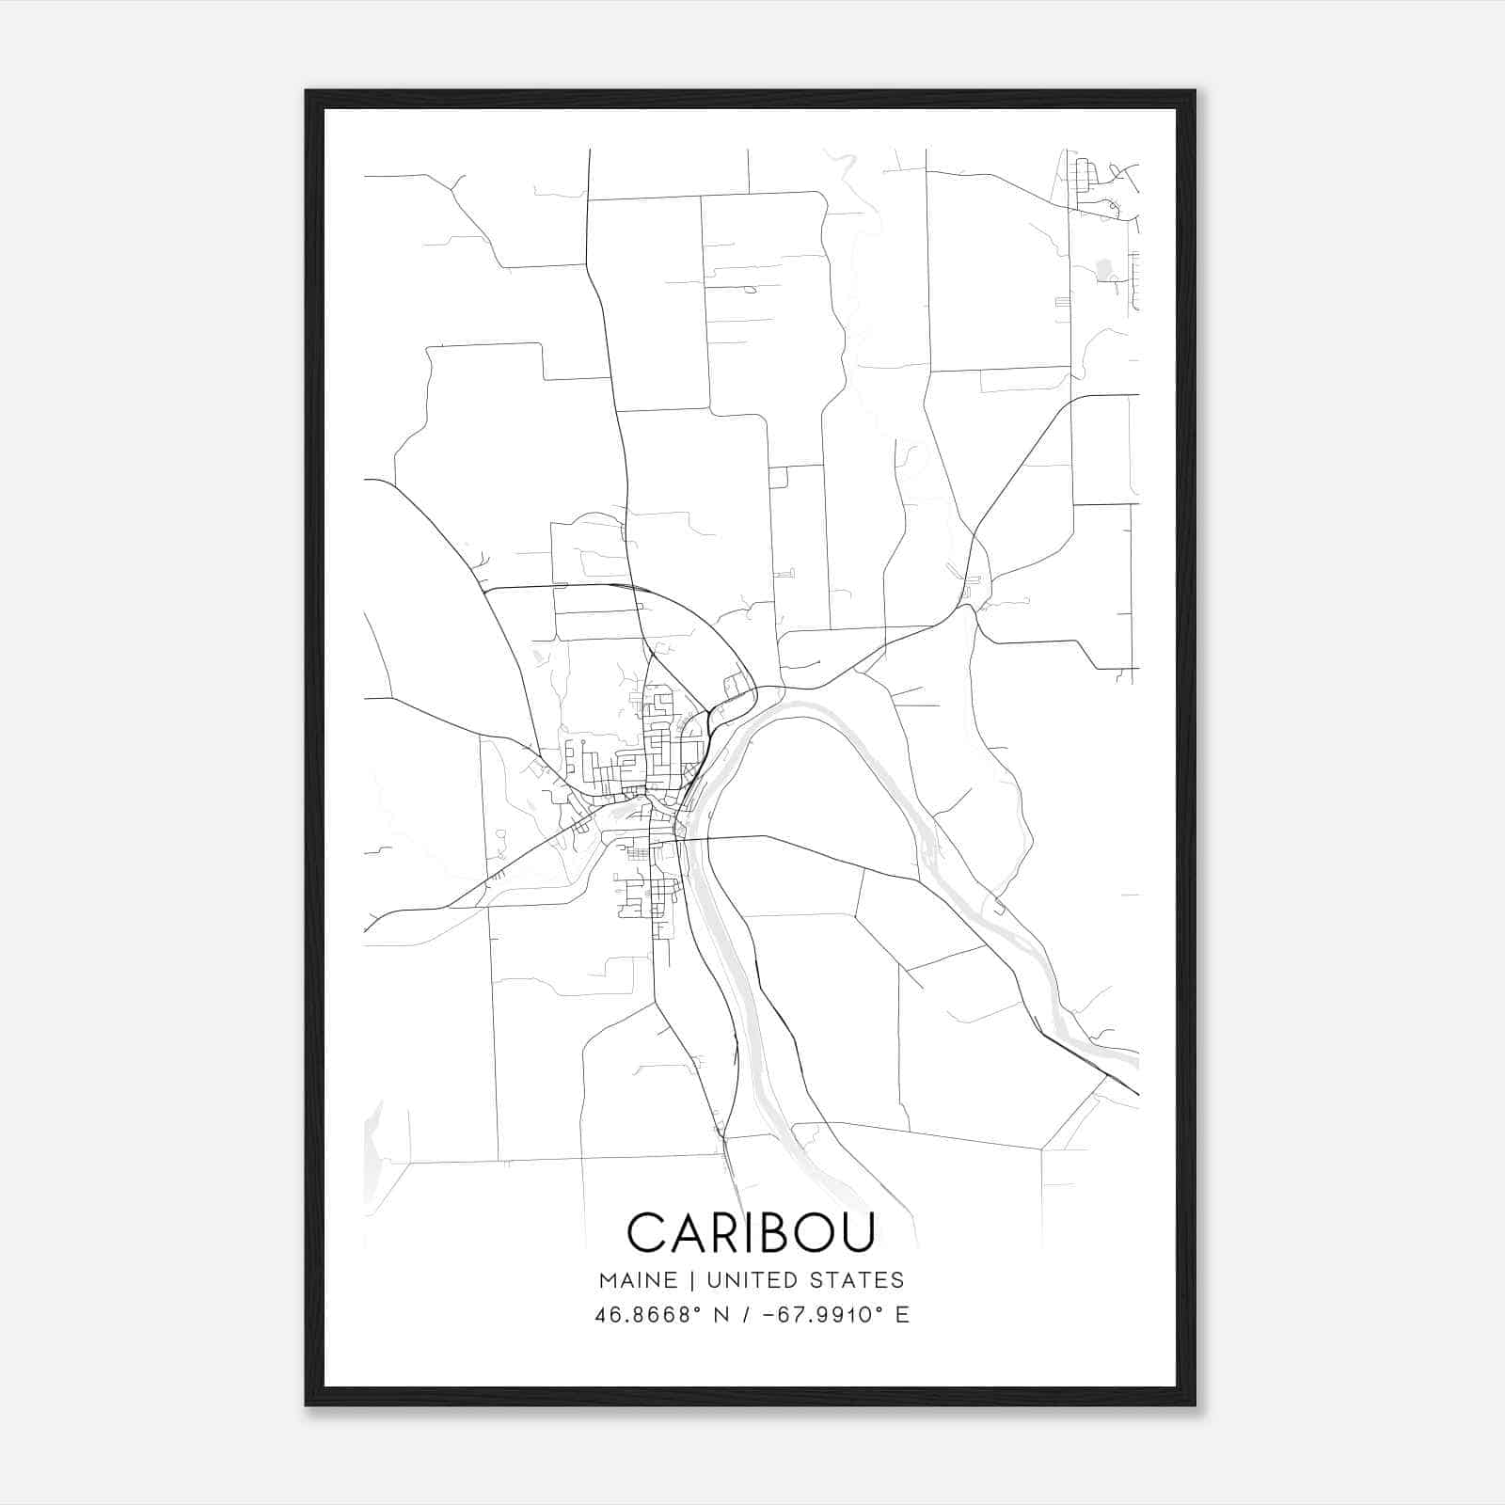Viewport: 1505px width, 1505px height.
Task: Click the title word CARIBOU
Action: tap(751, 1232)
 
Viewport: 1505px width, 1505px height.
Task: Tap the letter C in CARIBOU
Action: tap(647, 1232)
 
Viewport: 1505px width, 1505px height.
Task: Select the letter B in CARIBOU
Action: tap(773, 1232)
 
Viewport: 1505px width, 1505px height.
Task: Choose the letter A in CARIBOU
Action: tap(685, 1232)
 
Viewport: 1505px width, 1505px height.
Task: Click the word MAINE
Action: tap(637, 1280)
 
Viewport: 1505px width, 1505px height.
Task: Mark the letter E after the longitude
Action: tap(903, 1315)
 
